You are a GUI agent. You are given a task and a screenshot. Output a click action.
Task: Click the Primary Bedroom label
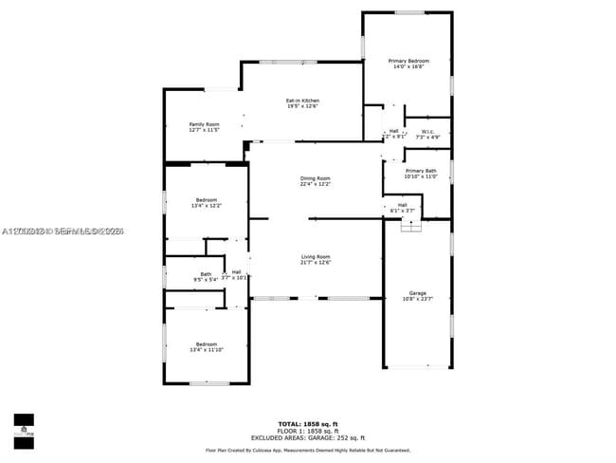(408, 61)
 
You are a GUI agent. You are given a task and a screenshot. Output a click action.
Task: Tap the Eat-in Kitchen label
(302, 101)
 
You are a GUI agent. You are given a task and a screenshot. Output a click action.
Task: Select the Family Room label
(204, 124)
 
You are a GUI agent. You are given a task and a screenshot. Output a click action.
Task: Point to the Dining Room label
(316, 178)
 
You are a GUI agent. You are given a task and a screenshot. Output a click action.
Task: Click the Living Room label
(316, 256)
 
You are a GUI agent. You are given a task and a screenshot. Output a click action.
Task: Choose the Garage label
(417, 292)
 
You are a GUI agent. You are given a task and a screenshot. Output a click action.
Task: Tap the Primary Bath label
(420, 171)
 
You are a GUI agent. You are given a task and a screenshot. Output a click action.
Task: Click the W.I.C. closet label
(427, 132)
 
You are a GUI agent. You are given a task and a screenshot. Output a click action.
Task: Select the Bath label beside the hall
(206, 274)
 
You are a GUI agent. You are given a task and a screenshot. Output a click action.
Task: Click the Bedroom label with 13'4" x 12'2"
(206, 199)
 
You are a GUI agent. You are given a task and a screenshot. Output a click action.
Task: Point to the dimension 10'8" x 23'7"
(417, 299)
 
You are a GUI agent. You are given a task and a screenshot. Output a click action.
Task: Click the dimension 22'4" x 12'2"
(316, 184)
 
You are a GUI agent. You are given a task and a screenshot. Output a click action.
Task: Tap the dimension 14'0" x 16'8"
(408, 66)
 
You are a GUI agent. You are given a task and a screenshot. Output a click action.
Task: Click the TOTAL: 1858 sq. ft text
(307, 422)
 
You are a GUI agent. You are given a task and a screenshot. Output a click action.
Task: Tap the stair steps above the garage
(410, 226)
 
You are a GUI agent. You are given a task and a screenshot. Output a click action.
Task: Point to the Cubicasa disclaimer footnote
(307, 450)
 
